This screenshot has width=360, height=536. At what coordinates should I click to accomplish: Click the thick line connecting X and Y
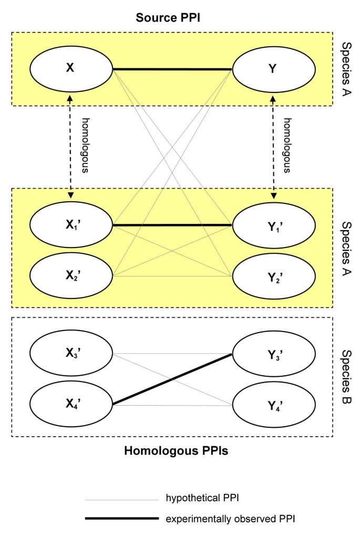tap(172, 69)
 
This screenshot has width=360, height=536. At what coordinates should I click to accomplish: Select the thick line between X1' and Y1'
tap(172, 225)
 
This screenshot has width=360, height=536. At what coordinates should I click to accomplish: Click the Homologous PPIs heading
tap(172, 451)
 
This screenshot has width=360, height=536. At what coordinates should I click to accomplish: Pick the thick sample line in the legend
tap(121, 519)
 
